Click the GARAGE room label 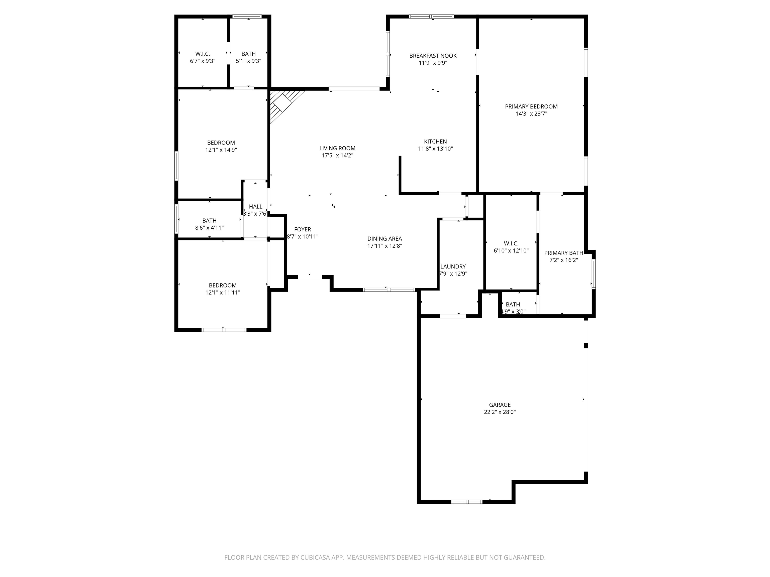click(500, 405)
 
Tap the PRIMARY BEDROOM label click(531, 106)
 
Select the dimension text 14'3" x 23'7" click(531, 114)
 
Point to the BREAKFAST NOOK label click(433, 56)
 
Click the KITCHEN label click(435, 141)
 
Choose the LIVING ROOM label click(337, 149)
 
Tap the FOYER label click(303, 230)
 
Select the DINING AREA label click(385, 239)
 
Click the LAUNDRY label click(453, 267)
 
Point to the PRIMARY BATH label click(563, 253)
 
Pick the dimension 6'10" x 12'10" click(511, 250)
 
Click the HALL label click(255, 207)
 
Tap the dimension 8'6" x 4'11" click(209, 228)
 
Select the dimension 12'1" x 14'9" click(221, 150)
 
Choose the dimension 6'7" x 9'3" click(203, 61)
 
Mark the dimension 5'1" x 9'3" click(249, 61)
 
